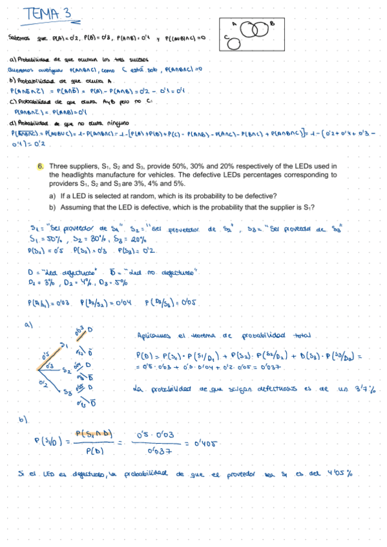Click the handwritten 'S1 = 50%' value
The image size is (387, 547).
46,239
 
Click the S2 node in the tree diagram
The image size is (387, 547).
66,371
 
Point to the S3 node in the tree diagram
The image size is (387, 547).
67,392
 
